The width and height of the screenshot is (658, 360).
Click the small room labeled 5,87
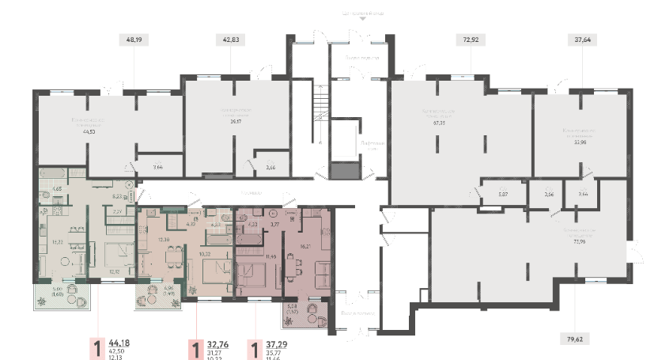pyautogui.click(x=491, y=193)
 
